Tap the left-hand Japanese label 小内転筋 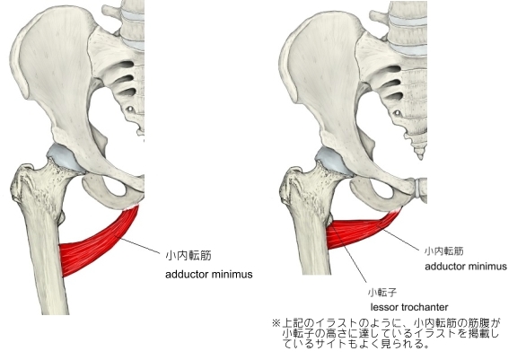click(188, 256)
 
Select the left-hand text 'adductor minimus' click(208, 275)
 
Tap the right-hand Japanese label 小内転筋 click(443, 251)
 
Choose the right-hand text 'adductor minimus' click(466, 267)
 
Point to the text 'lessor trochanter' click(409, 307)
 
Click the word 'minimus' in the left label click(232, 275)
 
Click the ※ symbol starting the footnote click(276, 323)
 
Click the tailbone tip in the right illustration click(420, 157)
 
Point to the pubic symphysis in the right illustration click(419, 188)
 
